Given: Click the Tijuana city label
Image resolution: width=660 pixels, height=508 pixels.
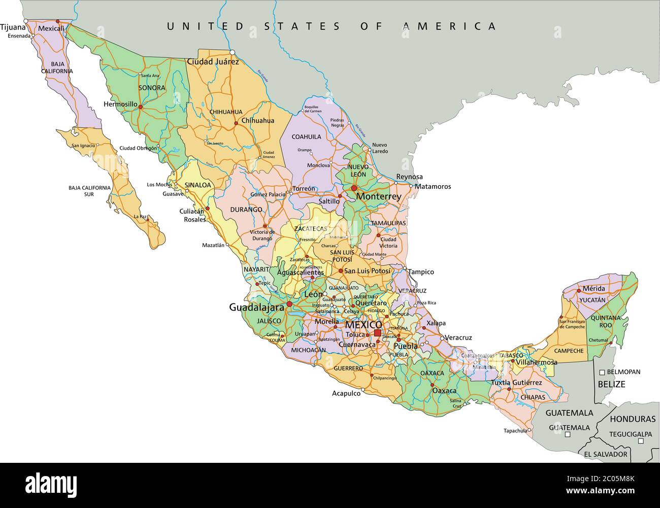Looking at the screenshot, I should tap(13, 27).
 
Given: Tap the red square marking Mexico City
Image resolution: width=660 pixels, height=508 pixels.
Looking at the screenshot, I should tap(377, 333).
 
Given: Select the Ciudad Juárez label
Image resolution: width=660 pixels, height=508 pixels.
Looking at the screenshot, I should tap(213, 62).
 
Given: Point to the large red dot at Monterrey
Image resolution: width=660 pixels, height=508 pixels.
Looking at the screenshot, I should tap(354, 188).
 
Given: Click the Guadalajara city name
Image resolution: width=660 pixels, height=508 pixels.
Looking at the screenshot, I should tap(256, 307).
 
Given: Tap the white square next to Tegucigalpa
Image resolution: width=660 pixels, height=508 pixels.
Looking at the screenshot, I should tap(641, 441).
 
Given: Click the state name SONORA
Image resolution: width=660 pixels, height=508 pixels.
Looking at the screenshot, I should tap(152, 88).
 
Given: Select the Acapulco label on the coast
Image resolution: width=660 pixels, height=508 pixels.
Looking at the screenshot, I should tap(346, 393).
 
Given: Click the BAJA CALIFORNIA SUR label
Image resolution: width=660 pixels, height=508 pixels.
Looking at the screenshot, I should tap(89, 191).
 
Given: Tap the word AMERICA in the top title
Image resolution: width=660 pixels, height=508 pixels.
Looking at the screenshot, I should tap(449, 26).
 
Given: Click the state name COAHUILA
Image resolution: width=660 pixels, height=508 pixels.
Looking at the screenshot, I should tap(306, 137).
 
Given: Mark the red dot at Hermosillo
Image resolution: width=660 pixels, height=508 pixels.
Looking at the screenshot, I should tap(141, 107).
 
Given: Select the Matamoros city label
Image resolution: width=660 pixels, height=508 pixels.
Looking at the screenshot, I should tap(433, 186).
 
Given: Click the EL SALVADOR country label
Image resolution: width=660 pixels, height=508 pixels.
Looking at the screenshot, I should tap(606, 454).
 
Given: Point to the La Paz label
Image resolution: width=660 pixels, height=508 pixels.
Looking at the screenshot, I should tap(140, 217).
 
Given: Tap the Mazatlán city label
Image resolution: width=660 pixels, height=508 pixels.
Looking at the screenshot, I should tap(213, 245).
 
